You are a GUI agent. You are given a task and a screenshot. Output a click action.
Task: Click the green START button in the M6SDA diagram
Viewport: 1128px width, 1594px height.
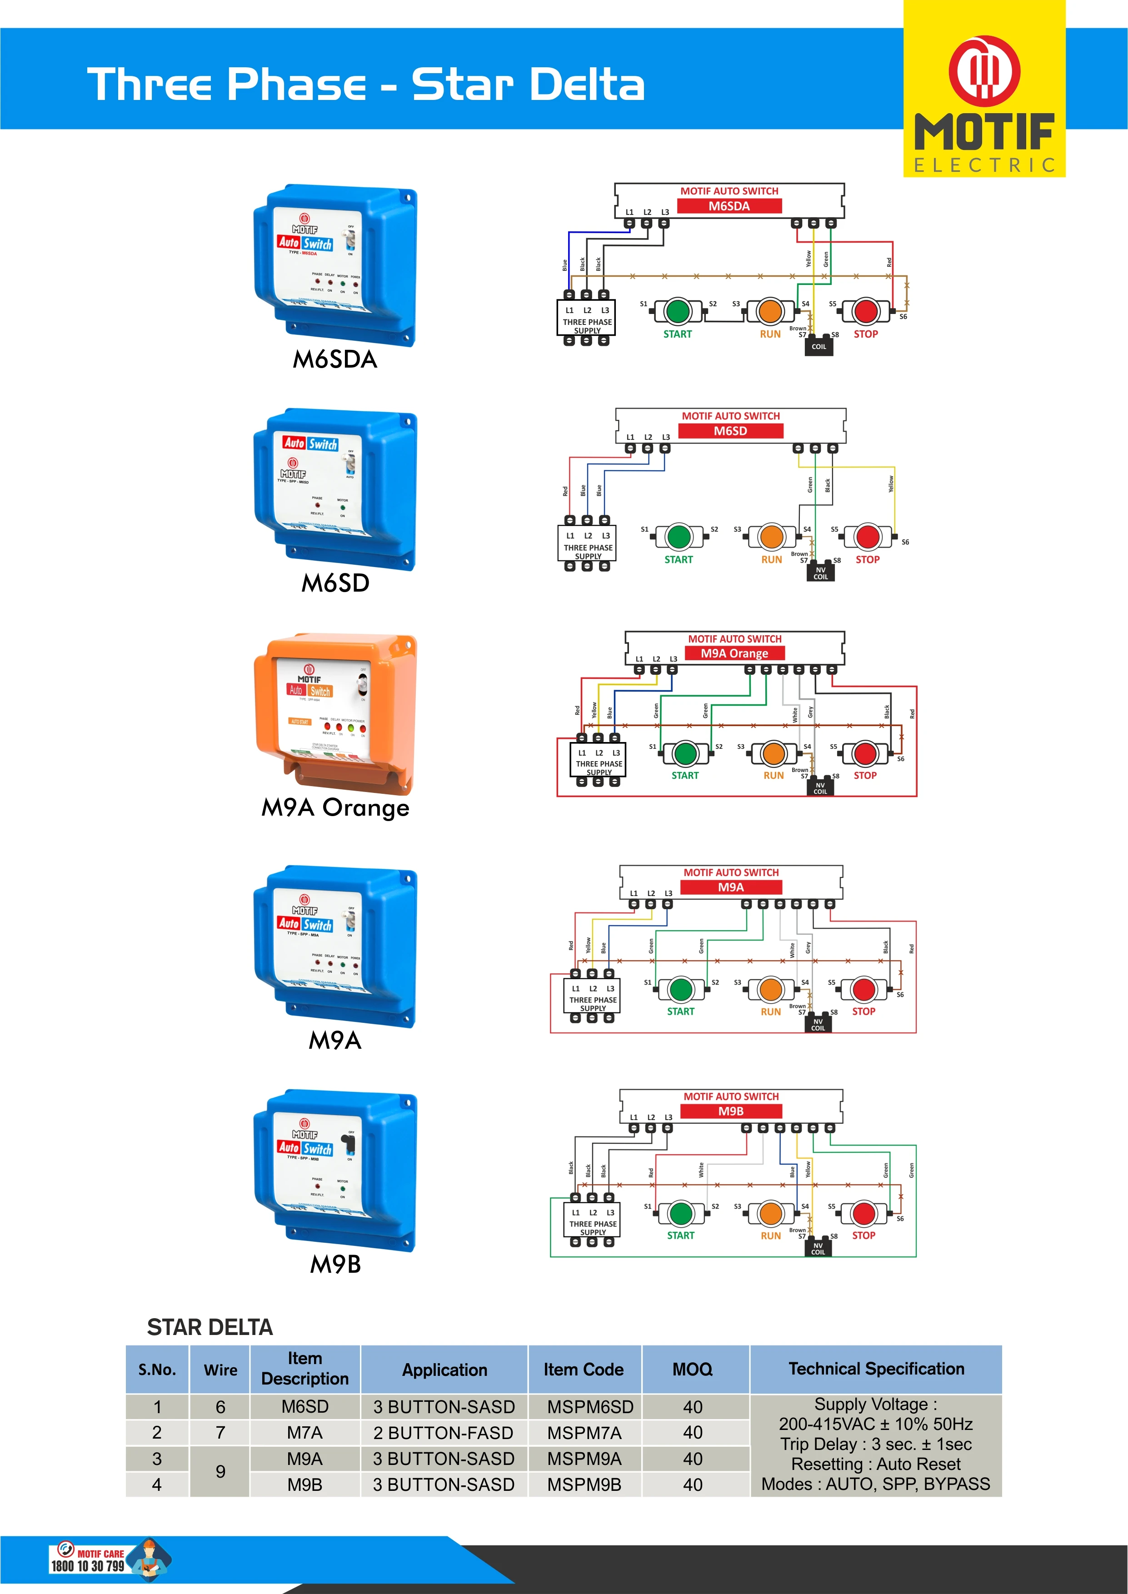(x=677, y=311)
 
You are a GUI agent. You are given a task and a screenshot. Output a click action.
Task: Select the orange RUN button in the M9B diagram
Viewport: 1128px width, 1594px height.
(x=771, y=1214)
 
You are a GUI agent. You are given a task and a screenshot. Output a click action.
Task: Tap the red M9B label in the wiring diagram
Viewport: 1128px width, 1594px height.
(x=731, y=1111)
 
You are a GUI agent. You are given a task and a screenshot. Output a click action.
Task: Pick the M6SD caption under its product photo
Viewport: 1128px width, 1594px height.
(x=335, y=583)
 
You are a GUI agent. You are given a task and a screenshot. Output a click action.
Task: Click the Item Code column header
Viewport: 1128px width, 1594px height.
(x=584, y=1370)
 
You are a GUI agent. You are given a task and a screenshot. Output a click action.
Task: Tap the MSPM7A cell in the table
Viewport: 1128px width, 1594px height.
(x=584, y=1433)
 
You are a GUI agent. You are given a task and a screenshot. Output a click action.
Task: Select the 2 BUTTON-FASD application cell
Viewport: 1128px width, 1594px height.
(x=444, y=1433)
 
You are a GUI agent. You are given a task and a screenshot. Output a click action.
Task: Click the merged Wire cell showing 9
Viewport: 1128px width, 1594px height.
(x=220, y=1471)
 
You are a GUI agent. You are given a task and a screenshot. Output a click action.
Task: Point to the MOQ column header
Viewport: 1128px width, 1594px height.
(x=693, y=1370)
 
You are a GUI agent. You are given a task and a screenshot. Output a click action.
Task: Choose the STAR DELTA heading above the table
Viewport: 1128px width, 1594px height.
(x=210, y=1327)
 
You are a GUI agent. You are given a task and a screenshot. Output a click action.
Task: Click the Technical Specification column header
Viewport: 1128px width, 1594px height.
(x=876, y=1369)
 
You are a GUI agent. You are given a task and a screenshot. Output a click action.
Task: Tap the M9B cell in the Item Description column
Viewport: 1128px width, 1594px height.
(x=305, y=1485)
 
